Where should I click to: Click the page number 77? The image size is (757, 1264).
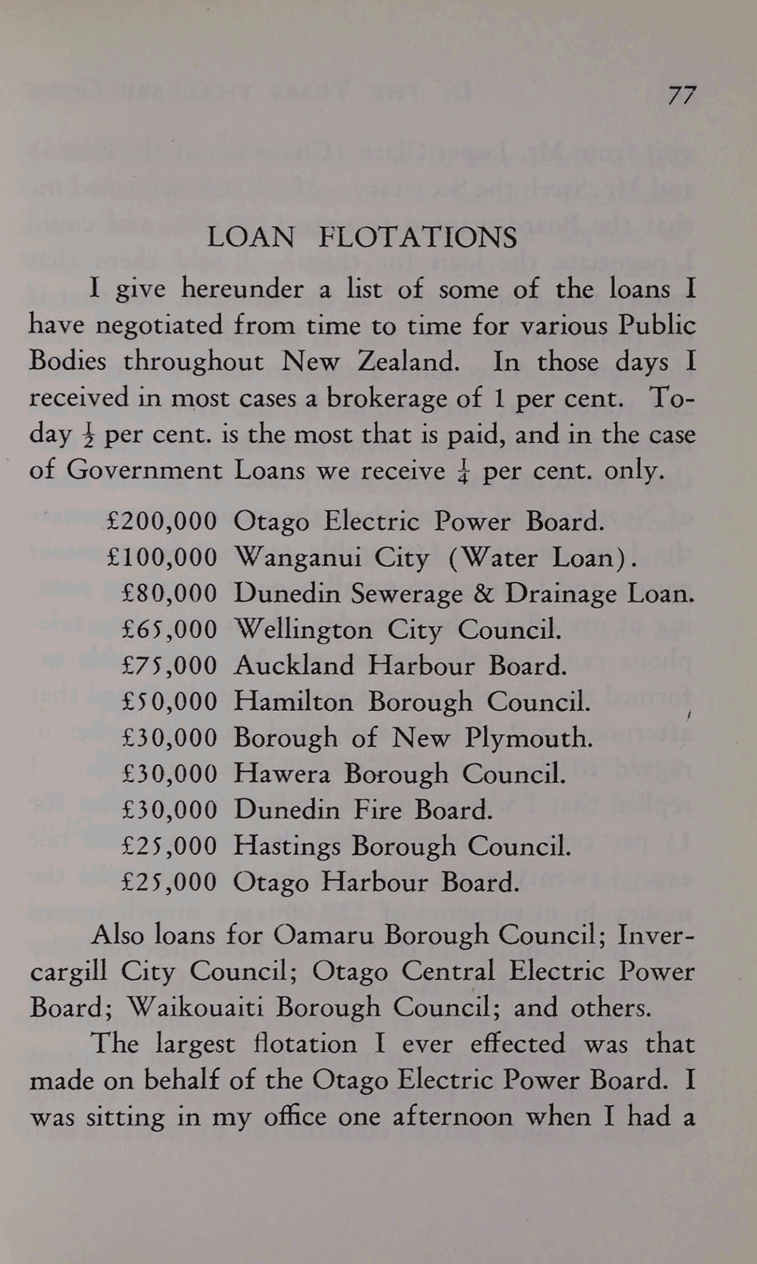coord(681,95)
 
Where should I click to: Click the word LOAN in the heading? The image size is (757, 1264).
coord(251,238)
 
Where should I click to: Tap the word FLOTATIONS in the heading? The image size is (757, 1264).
coord(418,238)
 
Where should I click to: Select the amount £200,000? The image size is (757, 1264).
coord(162,522)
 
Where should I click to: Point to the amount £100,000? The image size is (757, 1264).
coord(162,558)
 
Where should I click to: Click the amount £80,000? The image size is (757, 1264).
coord(169,594)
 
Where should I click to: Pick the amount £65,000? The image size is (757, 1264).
coord(169,630)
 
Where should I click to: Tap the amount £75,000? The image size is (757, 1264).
coord(169,666)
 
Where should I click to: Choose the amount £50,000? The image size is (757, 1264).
coord(169,702)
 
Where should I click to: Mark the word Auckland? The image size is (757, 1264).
coord(294,666)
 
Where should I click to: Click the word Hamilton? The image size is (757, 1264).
coord(294,702)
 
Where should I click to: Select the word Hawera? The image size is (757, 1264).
coord(282,774)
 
